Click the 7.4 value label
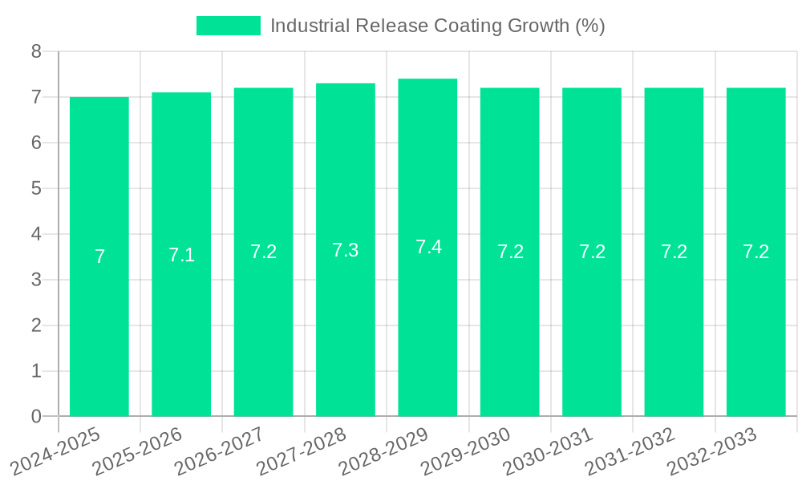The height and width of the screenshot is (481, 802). (x=428, y=247)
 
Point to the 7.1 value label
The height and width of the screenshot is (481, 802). (x=182, y=255)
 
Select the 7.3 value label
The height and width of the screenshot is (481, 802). (x=346, y=250)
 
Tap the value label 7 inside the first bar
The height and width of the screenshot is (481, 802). (x=99, y=257)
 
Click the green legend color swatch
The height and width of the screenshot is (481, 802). (x=229, y=26)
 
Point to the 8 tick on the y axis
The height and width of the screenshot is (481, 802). (x=36, y=51)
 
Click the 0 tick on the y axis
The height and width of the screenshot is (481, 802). (x=36, y=416)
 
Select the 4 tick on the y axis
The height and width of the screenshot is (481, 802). (x=36, y=234)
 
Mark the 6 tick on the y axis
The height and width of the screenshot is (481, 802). (x=36, y=143)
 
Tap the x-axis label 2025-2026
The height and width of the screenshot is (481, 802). (x=138, y=452)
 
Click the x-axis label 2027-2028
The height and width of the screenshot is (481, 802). (x=302, y=452)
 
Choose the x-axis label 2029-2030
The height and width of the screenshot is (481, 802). (x=466, y=452)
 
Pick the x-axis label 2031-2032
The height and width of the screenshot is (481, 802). (x=630, y=452)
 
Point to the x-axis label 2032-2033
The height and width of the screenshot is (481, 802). (x=712, y=452)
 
